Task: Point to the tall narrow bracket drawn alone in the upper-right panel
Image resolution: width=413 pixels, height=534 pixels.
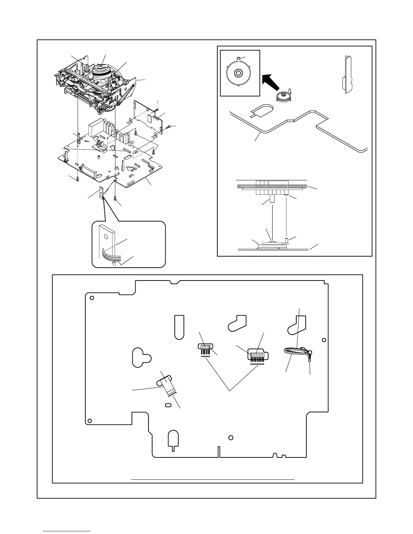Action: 348,74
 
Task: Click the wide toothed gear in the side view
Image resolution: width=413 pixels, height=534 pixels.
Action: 272,186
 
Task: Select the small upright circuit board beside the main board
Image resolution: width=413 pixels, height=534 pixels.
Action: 147,115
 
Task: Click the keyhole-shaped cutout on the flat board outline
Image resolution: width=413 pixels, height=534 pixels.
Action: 140,358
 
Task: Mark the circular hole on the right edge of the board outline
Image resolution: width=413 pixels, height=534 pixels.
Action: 324,340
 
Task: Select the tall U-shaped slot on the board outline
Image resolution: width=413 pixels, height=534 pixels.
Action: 179,326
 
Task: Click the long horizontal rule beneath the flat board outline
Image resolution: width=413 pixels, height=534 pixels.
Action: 213,479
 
